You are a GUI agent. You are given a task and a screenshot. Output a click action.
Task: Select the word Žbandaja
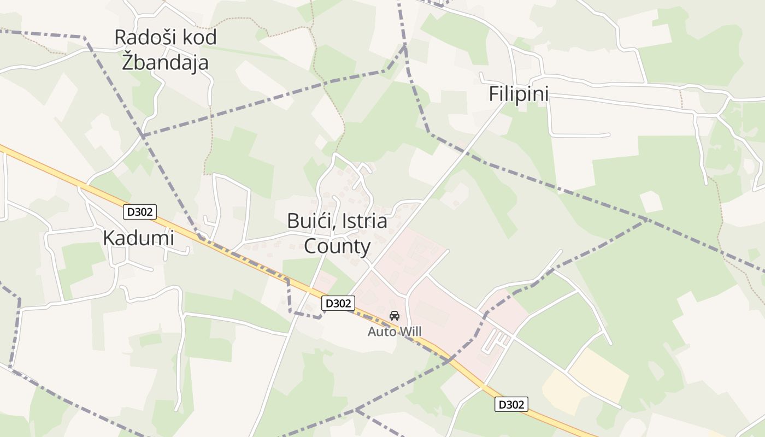[x=165, y=62]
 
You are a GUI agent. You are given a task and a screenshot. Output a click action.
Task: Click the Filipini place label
[x=518, y=94]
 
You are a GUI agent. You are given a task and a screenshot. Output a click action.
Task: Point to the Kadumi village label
[x=138, y=238]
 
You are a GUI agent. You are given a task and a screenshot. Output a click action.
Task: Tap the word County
[x=337, y=246]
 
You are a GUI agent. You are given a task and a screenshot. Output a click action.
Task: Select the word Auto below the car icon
[x=380, y=332]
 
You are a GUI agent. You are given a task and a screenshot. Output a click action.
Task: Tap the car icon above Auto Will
[x=395, y=315]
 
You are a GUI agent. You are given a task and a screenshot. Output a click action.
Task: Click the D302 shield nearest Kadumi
[x=140, y=212]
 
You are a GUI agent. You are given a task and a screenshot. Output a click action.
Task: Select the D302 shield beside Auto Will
[x=338, y=303]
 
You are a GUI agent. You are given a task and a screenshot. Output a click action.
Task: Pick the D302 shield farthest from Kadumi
[x=511, y=404]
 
